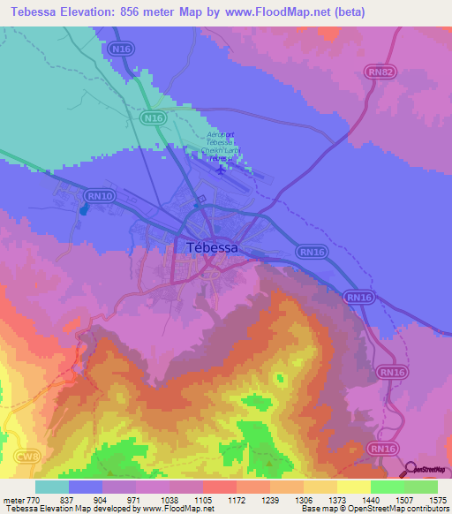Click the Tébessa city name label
213,248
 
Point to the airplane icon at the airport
220,169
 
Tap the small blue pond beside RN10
84,209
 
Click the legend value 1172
237,499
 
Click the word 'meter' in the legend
15,499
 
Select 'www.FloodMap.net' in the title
272,12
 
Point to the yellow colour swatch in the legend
353,487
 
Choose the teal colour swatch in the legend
52,487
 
